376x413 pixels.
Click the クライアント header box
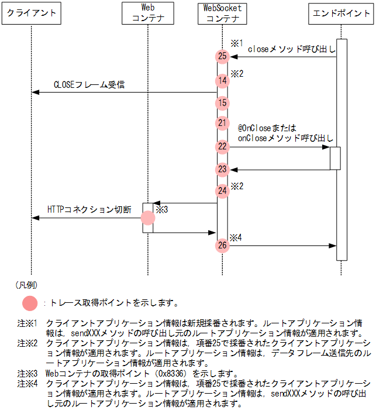point(32,13)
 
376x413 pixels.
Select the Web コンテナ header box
point(148,13)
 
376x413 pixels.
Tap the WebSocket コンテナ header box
point(222,13)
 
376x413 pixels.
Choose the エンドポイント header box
point(341,13)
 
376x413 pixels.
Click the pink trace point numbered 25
point(222,56)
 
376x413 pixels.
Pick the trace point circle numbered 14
point(222,81)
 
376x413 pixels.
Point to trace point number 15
point(222,103)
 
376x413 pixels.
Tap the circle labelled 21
point(222,123)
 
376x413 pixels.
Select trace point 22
point(222,146)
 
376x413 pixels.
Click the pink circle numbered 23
point(222,169)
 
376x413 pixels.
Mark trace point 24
point(222,190)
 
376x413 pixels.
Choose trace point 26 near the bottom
point(222,245)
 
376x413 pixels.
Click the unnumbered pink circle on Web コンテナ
point(148,218)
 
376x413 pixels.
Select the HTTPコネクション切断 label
point(89,210)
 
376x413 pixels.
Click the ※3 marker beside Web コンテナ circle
point(162,210)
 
